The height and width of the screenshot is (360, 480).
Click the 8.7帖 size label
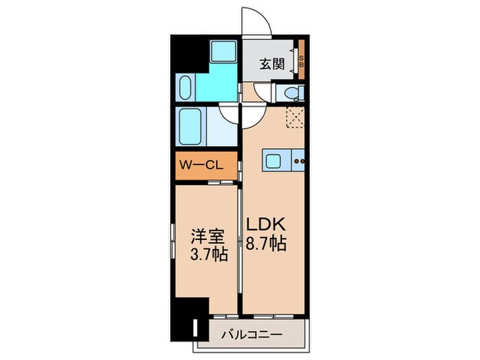266,243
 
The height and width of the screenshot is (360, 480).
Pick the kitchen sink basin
272,163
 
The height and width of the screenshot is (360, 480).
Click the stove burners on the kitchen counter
298,163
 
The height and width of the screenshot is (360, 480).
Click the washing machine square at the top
223,52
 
